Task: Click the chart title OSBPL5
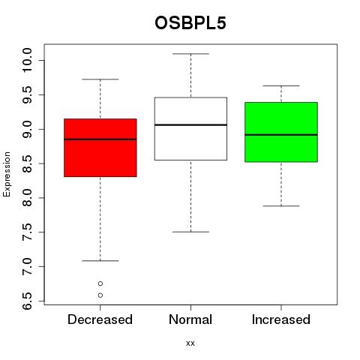pos(190,23)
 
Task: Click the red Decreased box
pos(100,148)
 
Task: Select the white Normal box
pos(190,129)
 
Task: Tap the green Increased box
pos(281,132)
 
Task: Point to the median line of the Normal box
pos(190,124)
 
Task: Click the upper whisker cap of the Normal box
pos(190,54)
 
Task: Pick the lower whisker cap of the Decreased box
pos(100,261)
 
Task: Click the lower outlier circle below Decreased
pos(100,295)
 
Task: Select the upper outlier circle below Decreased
pos(100,283)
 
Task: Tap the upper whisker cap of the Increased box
pos(281,85)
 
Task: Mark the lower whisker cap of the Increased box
pos(281,206)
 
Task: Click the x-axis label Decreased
pos(100,319)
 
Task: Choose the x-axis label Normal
pos(190,319)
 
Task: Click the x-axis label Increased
pos(281,319)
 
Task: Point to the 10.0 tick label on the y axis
pos(27,60)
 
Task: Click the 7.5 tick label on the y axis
pos(27,232)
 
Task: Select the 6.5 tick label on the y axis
pos(27,301)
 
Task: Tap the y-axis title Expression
pos(7,174)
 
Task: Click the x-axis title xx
pos(190,343)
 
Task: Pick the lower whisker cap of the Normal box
pos(190,232)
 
